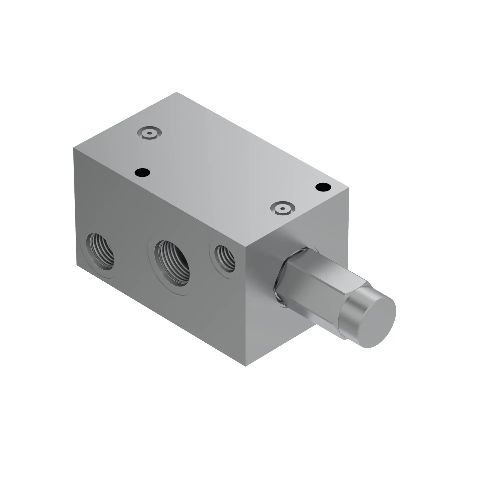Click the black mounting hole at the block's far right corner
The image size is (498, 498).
(323, 187)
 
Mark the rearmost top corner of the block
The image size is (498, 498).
(177, 92)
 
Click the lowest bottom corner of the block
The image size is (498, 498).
(246, 366)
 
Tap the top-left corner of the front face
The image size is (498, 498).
(74, 148)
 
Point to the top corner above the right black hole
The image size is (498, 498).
(349, 188)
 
